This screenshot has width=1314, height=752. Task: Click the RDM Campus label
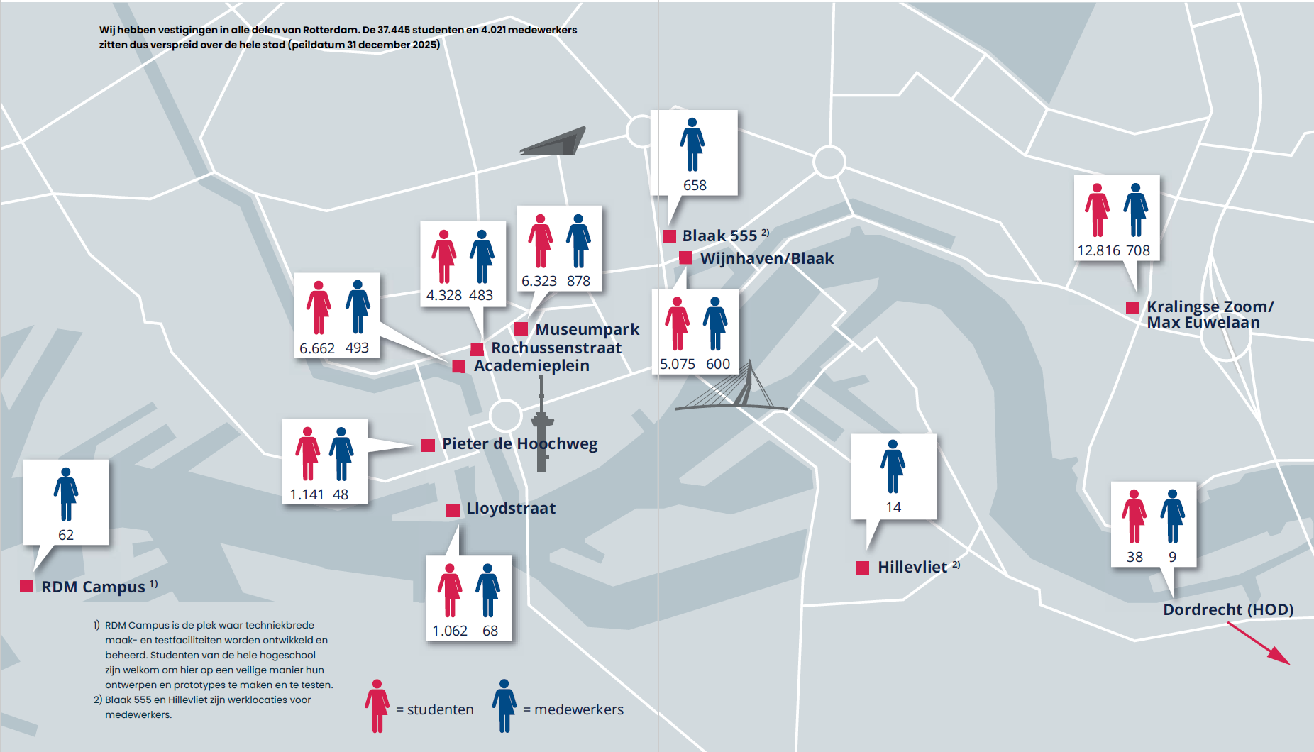click(93, 587)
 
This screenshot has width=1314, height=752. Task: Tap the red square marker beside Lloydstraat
click(453, 510)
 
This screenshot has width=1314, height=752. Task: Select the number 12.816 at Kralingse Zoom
click(1098, 250)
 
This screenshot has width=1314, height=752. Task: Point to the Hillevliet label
click(912, 567)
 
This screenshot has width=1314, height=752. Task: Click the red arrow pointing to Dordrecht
click(1259, 643)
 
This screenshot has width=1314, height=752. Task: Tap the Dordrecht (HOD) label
click(1227, 609)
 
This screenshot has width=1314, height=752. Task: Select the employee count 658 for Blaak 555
click(695, 185)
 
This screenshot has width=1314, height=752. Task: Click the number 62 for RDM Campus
click(66, 535)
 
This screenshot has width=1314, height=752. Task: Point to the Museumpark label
click(587, 329)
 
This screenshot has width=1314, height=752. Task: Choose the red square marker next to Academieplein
click(459, 366)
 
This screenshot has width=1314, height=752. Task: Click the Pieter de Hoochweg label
click(519, 444)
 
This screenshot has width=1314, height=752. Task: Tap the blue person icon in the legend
click(504, 705)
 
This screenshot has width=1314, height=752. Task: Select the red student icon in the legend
click(377, 705)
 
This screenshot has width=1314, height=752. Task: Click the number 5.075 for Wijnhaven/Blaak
click(678, 364)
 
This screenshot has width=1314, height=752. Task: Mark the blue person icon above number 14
click(893, 466)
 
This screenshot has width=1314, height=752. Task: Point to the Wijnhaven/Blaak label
click(766, 258)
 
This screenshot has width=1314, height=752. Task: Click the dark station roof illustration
click(554, 142)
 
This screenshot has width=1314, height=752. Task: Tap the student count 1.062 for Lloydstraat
click(450, 631)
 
